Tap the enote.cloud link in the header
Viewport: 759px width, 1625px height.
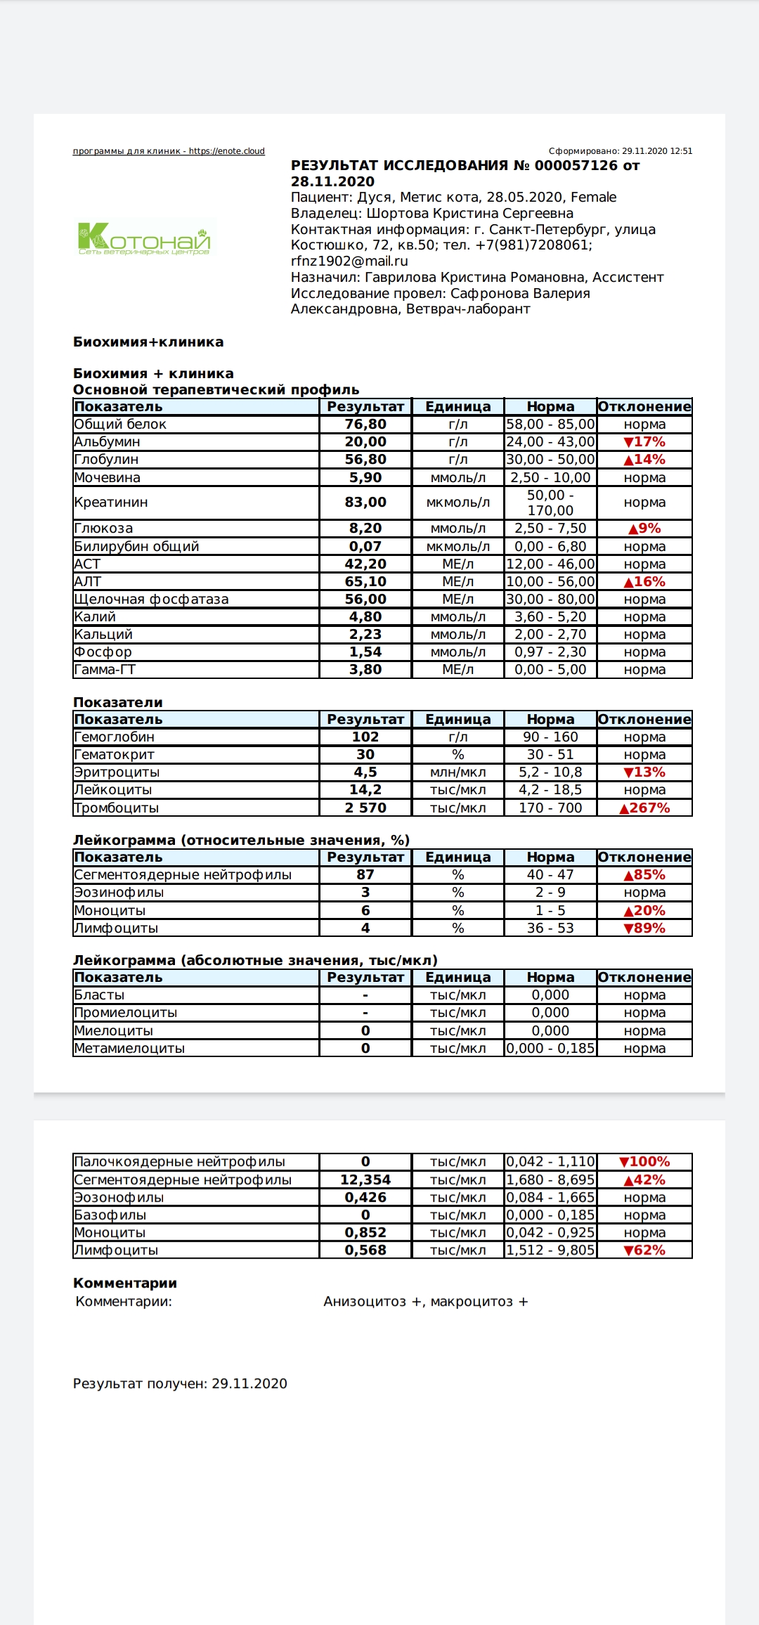pyautogui.click(x=226, y=151)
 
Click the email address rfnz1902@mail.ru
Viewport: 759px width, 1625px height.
pyautogui.click(x=349, y=261)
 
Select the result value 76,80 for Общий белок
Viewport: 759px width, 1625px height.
pyautogui.click(x=365, y=424)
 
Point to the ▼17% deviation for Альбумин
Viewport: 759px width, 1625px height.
pyautogui.click(x=644, y=441)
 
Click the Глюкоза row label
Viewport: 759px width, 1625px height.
pyautogui.click(x=103, y=529)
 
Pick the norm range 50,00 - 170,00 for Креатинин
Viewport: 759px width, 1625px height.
pyautogui.click(x=550, y=503)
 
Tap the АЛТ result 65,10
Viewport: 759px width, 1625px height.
pyautogui.click(x=365, y=581)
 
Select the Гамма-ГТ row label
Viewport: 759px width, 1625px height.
pyautogui.click(x=105, y=669)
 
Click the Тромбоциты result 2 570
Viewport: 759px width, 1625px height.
pyautogui.click(x=365, y=808)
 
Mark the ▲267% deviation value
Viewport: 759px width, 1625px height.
pyautogui.click(x=644, y=808)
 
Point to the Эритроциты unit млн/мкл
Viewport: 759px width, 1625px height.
pyautogui.click(x=458, y=772)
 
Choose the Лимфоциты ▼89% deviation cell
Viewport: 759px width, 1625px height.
pyautogui.click(x=644, y=928)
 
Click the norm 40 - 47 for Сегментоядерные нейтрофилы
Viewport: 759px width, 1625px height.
pyautogui.click(x=550, y=874)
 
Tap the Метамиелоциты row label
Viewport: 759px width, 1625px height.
pyautogui.click(x=129, y=1048)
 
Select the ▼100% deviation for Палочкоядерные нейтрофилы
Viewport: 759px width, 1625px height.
pyautogui.click(x=644, y=1162)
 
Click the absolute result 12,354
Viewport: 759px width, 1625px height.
pyautogui.click(x=365, y=1179)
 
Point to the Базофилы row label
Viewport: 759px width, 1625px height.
pyautogui.click(x=110, y=1215)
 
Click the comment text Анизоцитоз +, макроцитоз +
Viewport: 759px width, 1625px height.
pyautogui.click(x=425, y=1302)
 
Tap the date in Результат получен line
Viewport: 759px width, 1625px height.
pyautogui.click(x=249, y=1383)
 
